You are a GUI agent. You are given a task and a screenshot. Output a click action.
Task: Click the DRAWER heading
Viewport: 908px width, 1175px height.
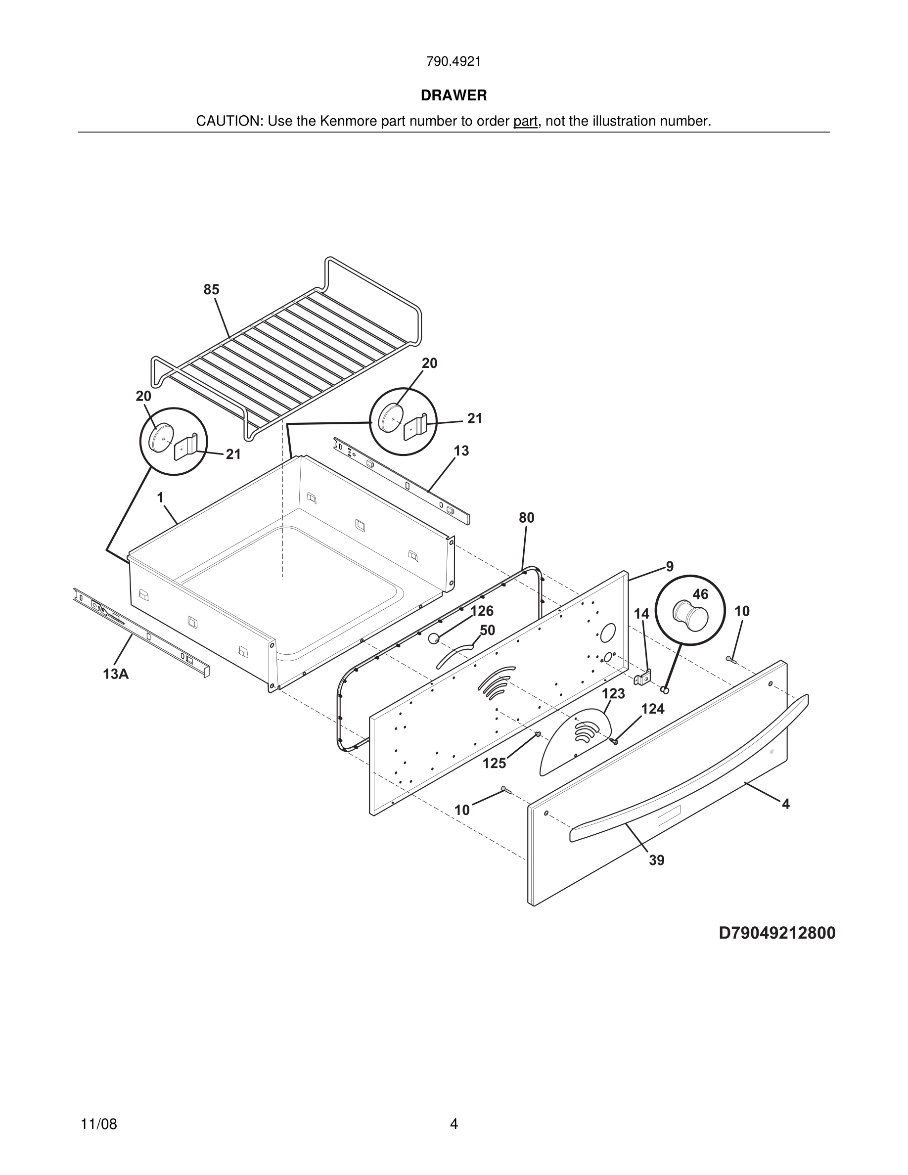pyautogui.click(x=454, y=95)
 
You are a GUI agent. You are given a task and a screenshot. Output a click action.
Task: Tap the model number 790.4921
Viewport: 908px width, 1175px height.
pyautogui.click(x=454, y=61)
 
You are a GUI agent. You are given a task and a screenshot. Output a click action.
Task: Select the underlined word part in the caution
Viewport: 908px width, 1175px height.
pyautogui.click(x=525, y=121)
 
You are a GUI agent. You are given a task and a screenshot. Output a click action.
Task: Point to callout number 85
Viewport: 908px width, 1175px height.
pyautogui.click(x=211, y=289)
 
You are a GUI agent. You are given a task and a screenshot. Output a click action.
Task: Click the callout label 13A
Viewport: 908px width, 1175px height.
pyautogui.click(x=116, y=674)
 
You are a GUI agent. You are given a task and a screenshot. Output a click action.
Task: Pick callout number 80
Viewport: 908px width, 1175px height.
pyautogui.click(x=527, y=518)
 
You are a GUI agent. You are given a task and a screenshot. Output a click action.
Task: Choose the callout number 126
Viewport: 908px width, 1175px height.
pyautogui.click(x=482, y=611)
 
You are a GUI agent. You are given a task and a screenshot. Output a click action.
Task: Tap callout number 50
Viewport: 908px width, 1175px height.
pyautogui.click(x=487, y=630)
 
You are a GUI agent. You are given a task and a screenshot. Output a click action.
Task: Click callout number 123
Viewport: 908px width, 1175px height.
pyautogui.click(x=613, y=693)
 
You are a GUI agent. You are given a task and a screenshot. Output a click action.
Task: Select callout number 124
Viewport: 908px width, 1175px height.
pyautogui.click(x=653, y=709)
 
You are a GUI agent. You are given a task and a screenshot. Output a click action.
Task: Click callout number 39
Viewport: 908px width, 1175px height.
pyautogui.click(x=657, y=860)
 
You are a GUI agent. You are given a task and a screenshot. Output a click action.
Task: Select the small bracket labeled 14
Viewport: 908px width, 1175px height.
pyautogui.click(x=643, y=678)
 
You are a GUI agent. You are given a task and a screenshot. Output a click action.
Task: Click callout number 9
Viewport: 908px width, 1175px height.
pyautogui.click(x=670, y=566)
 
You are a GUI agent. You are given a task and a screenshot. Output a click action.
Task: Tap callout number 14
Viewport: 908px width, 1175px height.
pyautogui.click(x=641, y=614)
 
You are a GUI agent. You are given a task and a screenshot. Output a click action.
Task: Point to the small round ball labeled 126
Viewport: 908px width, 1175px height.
pyautogui.click(x=434, y=638)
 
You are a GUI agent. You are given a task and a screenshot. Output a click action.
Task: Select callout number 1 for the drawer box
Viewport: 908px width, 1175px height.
pyautogui.click(x=160, y=497)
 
